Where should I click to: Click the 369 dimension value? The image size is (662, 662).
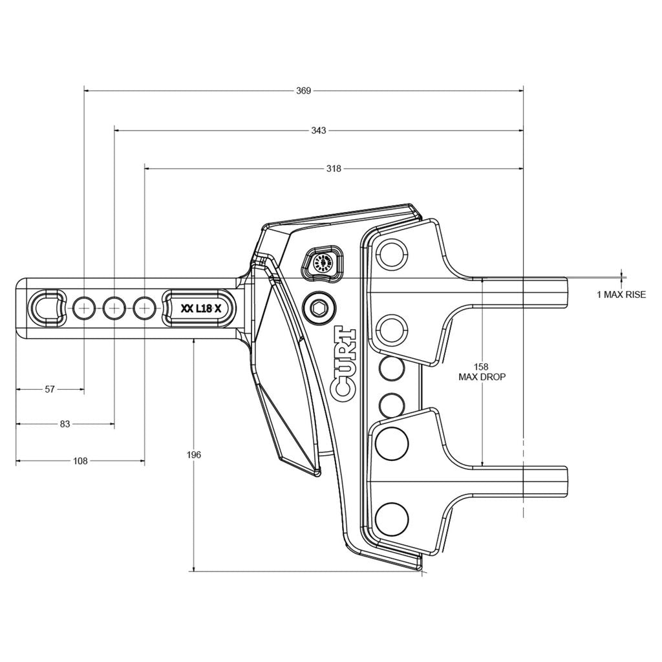click(x=303, y=91)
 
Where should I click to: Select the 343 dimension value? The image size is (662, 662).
click(x=318, y=130)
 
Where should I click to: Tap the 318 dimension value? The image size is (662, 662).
click(x=334, y=169)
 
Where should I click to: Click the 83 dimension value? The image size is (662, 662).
click(x=65, y=424)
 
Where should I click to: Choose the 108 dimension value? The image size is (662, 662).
click(x=80, y=461)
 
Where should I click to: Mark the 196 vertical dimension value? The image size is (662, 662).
click(x=194, y=455)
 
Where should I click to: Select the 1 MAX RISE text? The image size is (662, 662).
click(x=621, y=295)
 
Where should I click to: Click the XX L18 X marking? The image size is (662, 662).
click(x=201, y=309)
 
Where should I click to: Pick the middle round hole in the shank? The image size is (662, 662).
click(x=114, y=308)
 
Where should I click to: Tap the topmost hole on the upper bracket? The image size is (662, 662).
click(x=392, y=253)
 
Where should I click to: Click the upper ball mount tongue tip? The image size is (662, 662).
click(x=560, y=292)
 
